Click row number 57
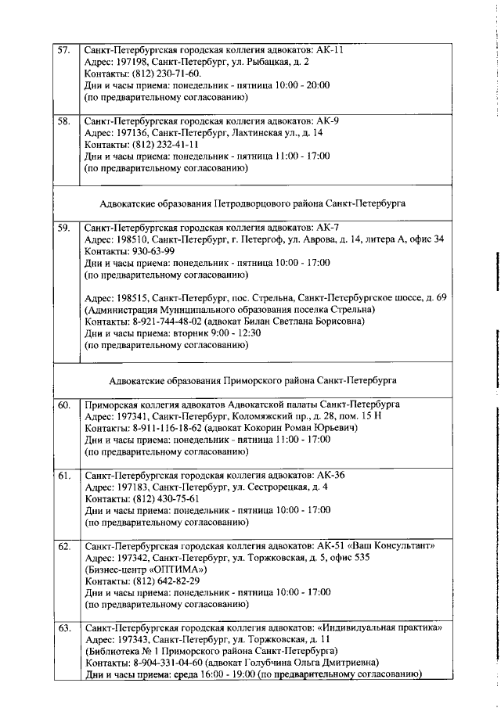[x=64, y=49]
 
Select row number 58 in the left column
[x=64, y=121]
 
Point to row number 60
[x=64, y=405]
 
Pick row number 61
[x=64, y=476]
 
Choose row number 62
[x=64, y=545]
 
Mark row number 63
[x=64, y=628]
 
